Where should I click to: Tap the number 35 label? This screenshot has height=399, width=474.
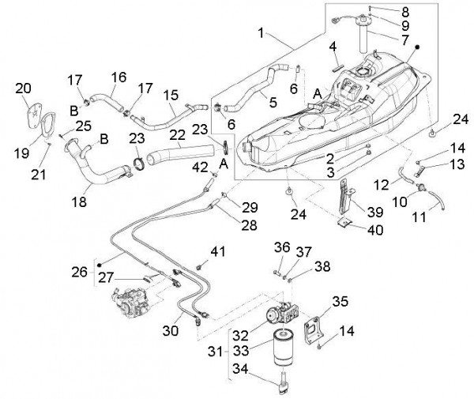pos(340,301)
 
